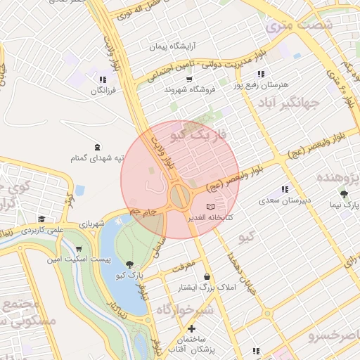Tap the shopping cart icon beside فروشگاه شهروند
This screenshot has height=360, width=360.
pos(189,79)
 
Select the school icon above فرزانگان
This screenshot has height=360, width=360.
pos(103,79)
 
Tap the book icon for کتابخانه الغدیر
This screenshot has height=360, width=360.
pos(211,207)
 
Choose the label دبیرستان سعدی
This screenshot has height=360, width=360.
pos(285,201)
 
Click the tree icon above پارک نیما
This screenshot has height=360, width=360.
pos(343,194)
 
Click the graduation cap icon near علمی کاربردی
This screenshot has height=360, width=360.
pos(41,219)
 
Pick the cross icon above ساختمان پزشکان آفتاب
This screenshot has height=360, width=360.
pos(191,328)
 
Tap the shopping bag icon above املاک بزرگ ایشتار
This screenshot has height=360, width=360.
pos(207,277)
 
